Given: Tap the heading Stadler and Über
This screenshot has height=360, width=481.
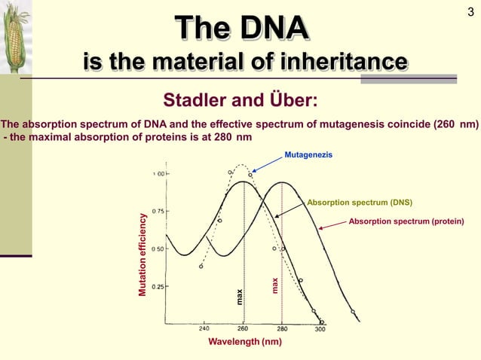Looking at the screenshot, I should (240, 101).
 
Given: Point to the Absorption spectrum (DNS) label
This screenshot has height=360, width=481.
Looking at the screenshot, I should (360, 203).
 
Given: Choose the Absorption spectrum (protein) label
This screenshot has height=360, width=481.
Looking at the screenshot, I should (406, 221).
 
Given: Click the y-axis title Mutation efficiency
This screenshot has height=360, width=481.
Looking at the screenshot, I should (141, 254).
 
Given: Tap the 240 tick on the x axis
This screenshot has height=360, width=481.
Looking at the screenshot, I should (204, 328).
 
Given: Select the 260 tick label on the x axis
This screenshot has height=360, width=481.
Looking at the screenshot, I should (243, 328).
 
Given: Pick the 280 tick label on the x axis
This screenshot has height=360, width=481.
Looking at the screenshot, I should (282, 328).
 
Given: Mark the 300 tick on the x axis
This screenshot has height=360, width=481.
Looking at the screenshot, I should (320, 328).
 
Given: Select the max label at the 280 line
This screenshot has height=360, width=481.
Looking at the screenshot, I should (275, 285).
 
